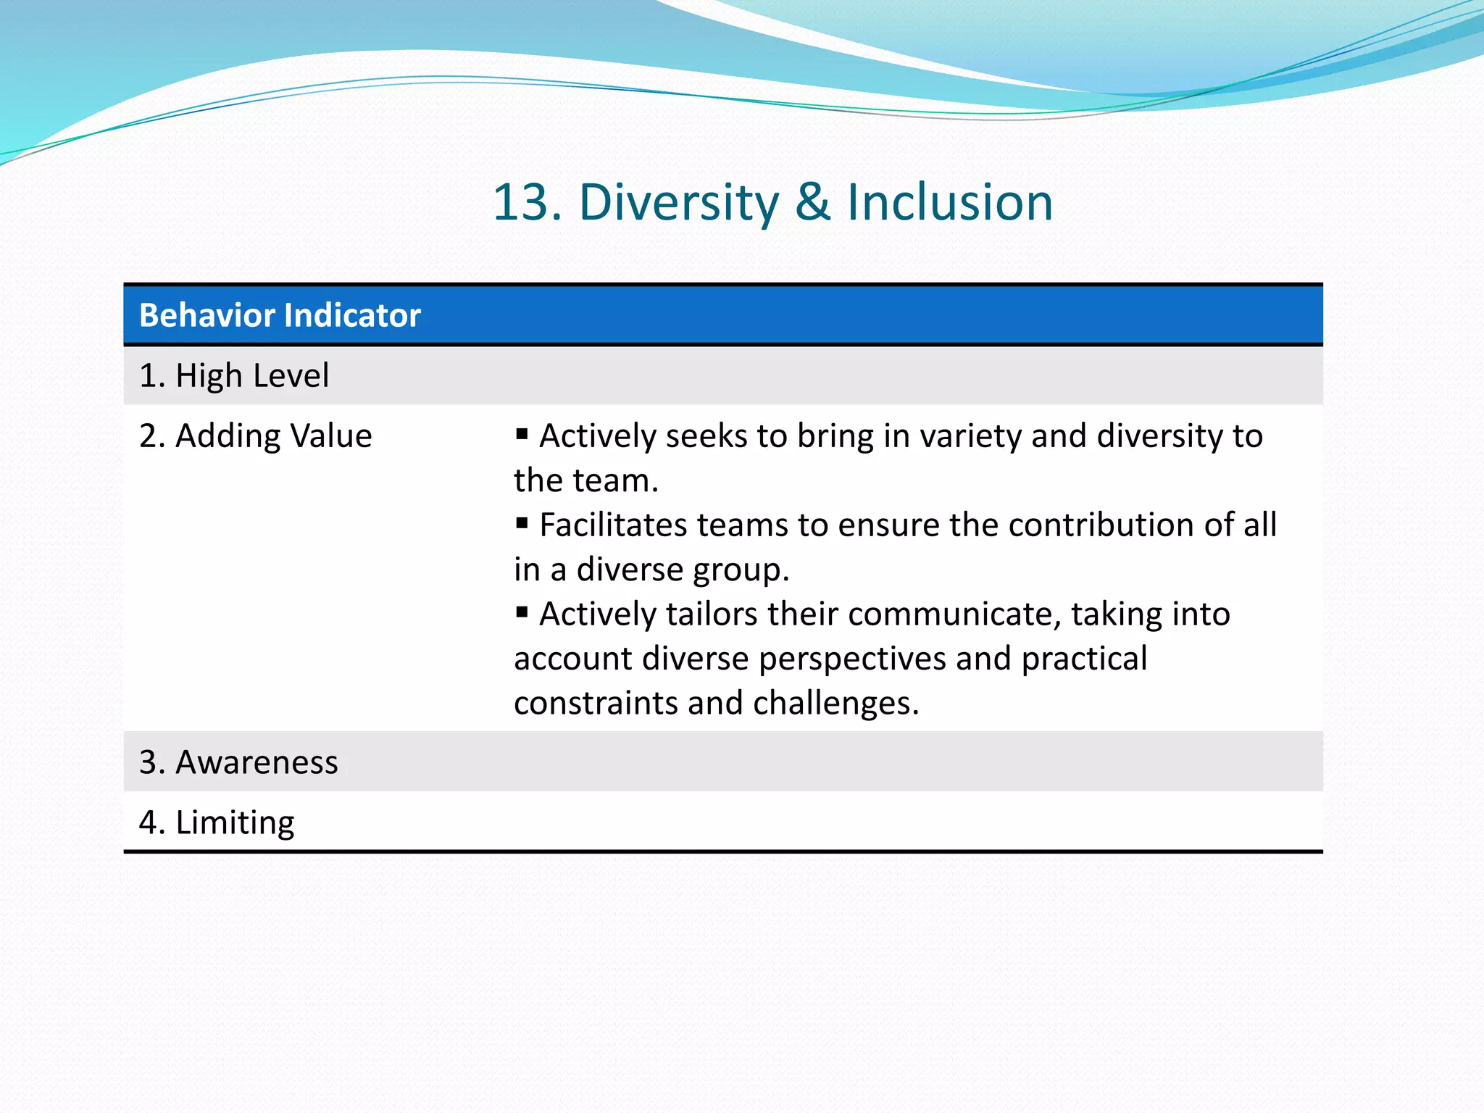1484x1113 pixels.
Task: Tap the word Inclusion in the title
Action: [x=950, y=202]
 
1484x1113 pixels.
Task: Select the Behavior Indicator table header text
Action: [x=280, y=316]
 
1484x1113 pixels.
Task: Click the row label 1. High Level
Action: [x=234, y=376]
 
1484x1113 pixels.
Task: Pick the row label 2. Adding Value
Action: [x=255, y=436]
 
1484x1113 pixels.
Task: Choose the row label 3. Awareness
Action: [x=238, y=762]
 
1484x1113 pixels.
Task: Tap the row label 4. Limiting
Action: [x=217, y=822]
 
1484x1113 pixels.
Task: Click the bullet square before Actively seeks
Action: [x=522, y=434]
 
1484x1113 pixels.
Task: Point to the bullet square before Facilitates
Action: [x=522, y=523]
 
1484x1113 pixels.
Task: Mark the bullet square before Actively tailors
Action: [x=522, y=612]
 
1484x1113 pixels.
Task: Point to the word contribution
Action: [x=1101, y=525]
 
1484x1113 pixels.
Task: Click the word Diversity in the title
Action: [x=678, y=202]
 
